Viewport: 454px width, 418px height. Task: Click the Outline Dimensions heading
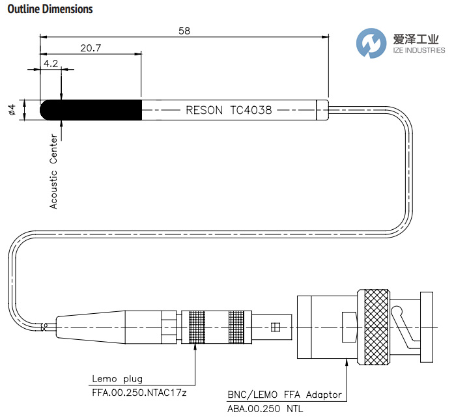click(x=50, y=9)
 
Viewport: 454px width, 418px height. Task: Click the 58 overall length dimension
click(x=184, y=31)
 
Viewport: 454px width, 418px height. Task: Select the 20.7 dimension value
click(x=91, y=48)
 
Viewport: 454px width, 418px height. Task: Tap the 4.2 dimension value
click(x=51, y=63)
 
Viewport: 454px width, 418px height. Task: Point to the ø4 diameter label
click(x=12, y=109)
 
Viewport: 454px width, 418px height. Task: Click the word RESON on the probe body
click(x=205, y=110)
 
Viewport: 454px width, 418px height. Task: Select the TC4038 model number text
click(x=251, y=110)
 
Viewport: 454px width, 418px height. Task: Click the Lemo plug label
click(x=117, y=378)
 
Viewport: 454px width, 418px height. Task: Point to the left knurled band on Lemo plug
click(x=196, y=327)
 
